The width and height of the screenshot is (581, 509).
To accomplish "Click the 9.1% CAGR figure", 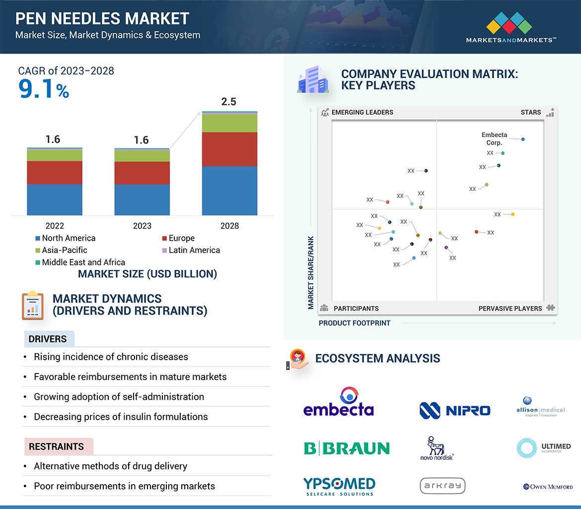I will point(44,89).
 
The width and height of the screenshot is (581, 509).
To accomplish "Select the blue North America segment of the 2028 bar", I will point(229,191).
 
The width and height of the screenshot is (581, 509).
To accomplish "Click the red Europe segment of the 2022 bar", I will point(55,173).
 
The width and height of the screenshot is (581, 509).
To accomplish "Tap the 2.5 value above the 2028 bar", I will point(228,102).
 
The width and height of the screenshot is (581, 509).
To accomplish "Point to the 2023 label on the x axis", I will point(142,226).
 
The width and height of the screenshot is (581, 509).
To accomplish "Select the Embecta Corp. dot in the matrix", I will point(523,139).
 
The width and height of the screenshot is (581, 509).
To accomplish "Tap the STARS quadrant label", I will point(531,112).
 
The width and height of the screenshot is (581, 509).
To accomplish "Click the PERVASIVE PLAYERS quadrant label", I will point(510,308).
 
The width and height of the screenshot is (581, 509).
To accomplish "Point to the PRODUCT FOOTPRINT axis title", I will point(355,323).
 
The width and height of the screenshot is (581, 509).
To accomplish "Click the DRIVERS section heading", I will point(48,339).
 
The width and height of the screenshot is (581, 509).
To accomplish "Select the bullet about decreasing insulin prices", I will point(121,417).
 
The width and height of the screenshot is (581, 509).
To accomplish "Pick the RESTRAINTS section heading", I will point(56,446).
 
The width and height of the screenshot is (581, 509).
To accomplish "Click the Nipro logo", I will point(454,410).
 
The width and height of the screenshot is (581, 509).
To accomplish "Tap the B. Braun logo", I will point(347,448).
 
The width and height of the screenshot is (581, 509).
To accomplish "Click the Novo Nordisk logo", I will point(436,448).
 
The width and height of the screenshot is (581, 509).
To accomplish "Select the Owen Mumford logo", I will point(548,487).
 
